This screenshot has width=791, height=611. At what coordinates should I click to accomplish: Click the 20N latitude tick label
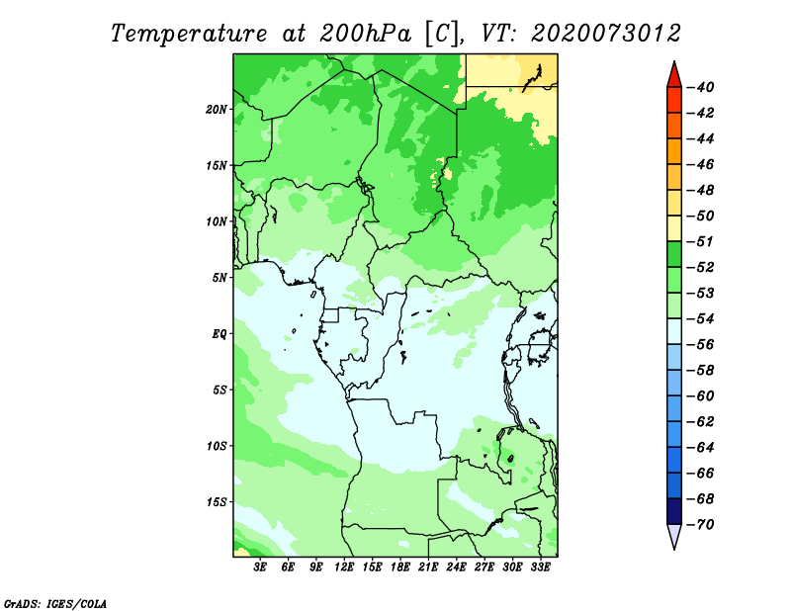[216, 110]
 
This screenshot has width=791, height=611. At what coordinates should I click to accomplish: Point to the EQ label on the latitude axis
[220, 334]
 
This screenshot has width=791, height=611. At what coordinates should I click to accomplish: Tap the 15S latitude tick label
[216, 502]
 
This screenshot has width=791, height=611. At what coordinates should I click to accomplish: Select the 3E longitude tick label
[260, 567]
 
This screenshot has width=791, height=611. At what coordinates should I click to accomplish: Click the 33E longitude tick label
[540, 567]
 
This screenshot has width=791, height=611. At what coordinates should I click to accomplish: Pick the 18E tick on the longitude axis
[400, 567]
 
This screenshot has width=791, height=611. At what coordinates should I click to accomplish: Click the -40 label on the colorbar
[700, 87]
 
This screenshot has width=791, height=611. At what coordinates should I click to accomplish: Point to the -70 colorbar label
[700, 525]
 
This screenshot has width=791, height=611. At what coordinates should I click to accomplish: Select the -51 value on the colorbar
[700, 241]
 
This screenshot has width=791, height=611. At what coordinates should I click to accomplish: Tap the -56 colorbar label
[700, 345]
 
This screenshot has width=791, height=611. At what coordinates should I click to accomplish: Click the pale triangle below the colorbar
[674, 536]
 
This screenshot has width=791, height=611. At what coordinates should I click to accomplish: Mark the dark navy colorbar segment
[674, 511]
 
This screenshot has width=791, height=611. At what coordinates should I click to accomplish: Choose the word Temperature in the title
[189, 34]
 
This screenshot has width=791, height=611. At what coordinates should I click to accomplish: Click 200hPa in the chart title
[365, 34]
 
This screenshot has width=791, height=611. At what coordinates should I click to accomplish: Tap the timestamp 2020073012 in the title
[606, 34]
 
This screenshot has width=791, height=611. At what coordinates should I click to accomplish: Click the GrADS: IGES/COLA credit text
[55, 604]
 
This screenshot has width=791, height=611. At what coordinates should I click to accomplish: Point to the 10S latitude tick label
[216, 446]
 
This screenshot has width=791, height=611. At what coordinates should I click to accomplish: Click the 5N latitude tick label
[220, 278]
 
